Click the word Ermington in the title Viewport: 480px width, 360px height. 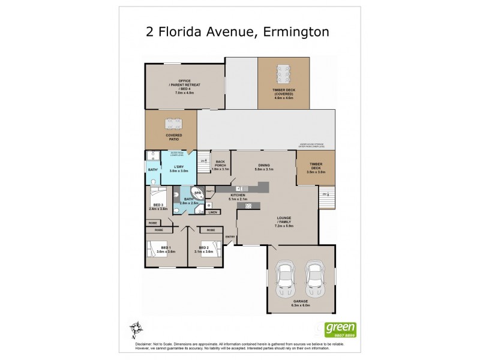click(297, 31)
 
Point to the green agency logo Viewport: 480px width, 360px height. click(340, 329)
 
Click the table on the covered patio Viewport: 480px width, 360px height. click(172, 127)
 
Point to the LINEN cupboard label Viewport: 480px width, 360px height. click(212, 212)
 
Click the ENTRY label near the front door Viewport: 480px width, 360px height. click(230, 236)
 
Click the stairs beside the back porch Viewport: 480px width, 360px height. click(204, 161)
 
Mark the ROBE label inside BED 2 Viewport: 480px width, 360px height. click(211, 230)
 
